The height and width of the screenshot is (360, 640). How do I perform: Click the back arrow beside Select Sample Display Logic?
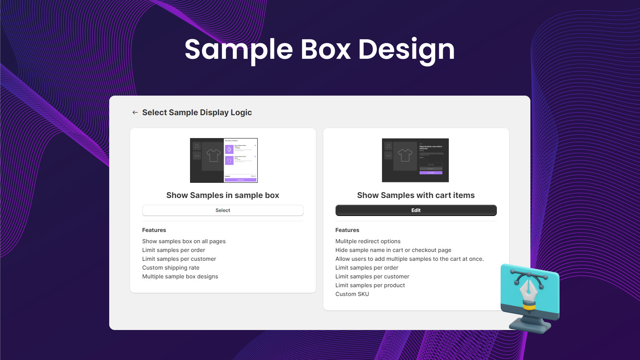point(135,113)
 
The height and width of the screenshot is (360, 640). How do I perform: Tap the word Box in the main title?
point(326,50)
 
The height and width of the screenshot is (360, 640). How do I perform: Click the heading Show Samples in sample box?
point(223,195)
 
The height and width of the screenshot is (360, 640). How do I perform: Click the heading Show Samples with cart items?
point(416,195)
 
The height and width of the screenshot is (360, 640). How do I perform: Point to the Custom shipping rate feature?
point(171,268)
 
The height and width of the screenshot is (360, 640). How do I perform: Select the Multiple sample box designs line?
point(180,276)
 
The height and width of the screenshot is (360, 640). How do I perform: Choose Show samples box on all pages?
point(184,241)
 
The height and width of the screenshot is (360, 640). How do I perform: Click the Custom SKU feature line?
point(352,294)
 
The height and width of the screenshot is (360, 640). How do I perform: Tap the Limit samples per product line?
point(370,285)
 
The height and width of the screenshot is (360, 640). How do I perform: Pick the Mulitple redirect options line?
point(368,241)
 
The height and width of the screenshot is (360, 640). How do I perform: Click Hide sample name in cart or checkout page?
point(393,250)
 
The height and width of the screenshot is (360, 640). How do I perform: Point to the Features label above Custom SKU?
point(347,230)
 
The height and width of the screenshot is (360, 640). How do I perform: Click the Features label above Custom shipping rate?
point(154,230)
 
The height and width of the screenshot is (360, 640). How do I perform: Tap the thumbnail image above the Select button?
point(224,160)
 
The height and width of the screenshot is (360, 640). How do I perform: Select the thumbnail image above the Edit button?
point(415,160)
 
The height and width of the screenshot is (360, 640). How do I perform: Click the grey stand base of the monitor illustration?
point(530,326)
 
